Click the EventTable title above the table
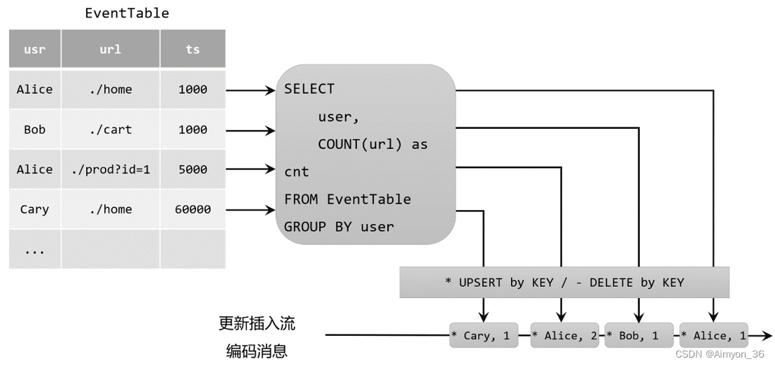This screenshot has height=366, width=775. click(127, 13)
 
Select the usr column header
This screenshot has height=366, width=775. click(34, 49)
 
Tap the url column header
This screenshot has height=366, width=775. click(111, 49)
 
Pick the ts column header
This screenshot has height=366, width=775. click(193, 49)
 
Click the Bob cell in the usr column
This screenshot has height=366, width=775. click(34, 129)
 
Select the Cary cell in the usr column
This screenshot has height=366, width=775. click(34, 209)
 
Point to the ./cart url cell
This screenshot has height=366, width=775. click(111, 129)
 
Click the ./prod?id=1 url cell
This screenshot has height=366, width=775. click(111, 169)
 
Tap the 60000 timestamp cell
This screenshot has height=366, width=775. click(193, 209)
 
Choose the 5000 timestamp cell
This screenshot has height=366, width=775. click(193, 169)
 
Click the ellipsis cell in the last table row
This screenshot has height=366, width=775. click(34, 250)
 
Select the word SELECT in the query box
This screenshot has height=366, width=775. click(309, 89)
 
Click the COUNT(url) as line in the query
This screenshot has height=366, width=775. click(372, 144)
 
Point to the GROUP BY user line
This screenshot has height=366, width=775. click(339, 227)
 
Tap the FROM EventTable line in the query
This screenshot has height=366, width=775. click(347, 199)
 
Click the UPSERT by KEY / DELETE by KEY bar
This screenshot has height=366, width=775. click(564, 283)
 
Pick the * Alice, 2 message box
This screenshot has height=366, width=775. click(564, 336)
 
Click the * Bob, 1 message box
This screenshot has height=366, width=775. click(638, 336)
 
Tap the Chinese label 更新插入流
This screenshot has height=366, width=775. click(257, 323)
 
